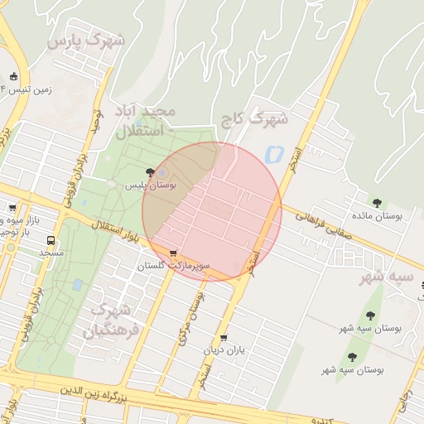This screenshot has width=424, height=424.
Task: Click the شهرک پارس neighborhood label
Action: [x=86, y=40]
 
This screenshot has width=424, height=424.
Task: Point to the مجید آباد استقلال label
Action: [x=144, y=121]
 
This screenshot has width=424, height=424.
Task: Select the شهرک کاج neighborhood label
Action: [x=255, y=119]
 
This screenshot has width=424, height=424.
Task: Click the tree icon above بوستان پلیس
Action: [x=150, y=172]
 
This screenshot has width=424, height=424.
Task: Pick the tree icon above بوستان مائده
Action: [x=378, y=202]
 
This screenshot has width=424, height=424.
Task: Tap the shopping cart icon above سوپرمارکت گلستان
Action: [x=172, y=253]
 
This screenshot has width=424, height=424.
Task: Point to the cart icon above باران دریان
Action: [x=224, y=338]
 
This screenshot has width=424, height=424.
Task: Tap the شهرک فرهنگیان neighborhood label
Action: [x=110, y=321]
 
